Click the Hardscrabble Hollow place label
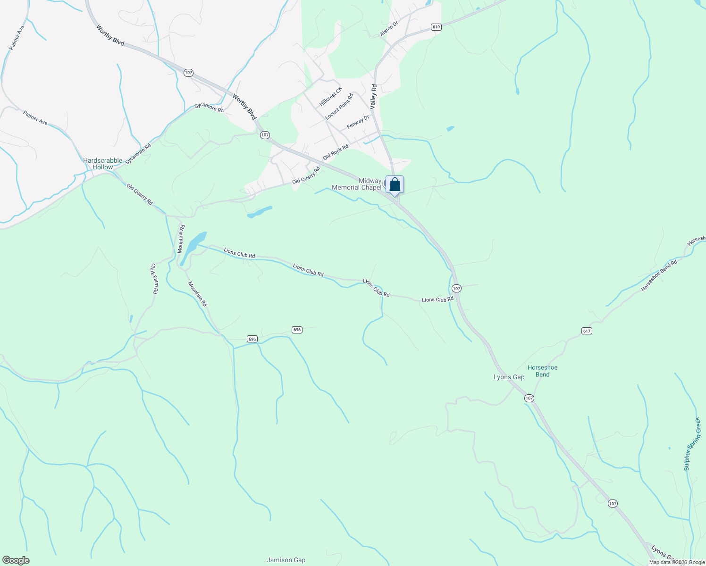coord(102,164)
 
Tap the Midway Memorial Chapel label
coord(356,184)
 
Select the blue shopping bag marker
coord(395,185)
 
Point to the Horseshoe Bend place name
coord(542,371)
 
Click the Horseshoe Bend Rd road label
coord(659,275)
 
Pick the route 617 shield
coord(587,331)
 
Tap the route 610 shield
coord(436,27)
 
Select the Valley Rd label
coord(373,97)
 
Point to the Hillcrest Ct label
coord(330,97)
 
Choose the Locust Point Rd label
coord(339,106)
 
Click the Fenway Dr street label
coord(358,122)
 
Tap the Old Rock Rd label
coord(336,152)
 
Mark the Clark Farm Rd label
coord(153,279)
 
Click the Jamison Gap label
coord(286,560)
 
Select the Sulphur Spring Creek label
coord(692,443)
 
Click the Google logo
coord(15,560)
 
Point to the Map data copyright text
coord(677,562)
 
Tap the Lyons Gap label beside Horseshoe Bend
coord(509,377)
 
